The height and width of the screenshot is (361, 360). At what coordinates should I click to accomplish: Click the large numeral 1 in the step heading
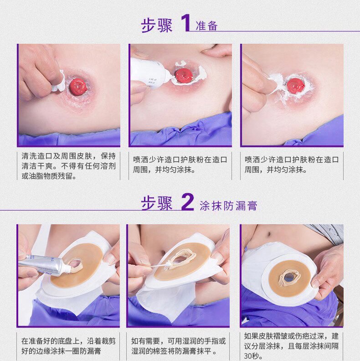tap(186, 23)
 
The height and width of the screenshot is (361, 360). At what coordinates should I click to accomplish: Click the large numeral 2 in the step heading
tap(187, 201)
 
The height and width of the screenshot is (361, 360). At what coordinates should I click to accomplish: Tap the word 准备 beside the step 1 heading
tap(206, 26)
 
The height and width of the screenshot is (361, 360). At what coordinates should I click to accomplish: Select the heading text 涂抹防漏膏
tap(228, 206)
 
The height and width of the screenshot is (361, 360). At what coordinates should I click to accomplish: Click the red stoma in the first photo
tap(78, 87)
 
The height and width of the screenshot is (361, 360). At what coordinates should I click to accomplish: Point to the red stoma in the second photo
tap(184, 75)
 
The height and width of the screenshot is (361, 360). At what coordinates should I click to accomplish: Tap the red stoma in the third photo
tap(296, 85)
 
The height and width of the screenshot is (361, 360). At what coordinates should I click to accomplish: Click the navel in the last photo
tap(269, 234)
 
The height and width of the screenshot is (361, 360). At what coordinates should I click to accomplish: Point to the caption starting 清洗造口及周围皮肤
tap(68, 166)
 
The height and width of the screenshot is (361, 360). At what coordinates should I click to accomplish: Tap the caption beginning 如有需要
tap(178, 346)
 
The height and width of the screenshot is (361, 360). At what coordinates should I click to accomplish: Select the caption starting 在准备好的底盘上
tap(68, 346)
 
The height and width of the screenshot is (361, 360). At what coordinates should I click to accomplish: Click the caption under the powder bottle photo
tap(180, 165)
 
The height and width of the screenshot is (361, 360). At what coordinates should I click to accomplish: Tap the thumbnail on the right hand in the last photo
tap(315, 282)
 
